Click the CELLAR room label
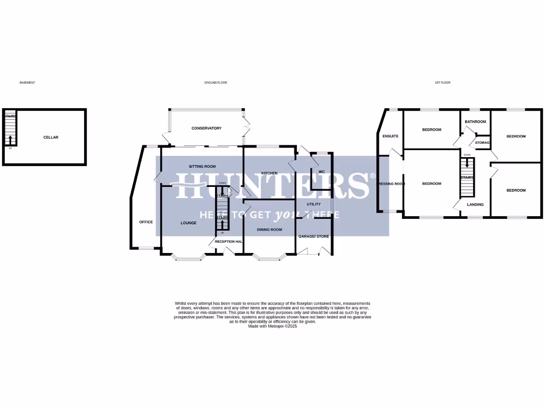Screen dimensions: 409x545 pos(51,137)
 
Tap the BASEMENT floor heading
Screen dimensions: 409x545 pos(27,83)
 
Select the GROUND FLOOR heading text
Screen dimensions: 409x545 pos(216,83)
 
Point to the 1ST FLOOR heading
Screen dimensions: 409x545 pos(442,83)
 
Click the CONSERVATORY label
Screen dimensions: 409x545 pos(207,128)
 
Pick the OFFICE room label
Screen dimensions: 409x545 pos(146,222)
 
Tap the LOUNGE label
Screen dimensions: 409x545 pos(188,223)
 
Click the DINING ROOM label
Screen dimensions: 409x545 pos(269,230)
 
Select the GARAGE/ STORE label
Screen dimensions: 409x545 pos(313,236)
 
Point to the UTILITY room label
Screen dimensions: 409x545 pos(313,204)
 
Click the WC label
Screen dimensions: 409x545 pos(321,172)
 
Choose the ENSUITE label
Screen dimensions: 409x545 pos(390,136)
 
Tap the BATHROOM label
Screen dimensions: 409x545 pos(475,121)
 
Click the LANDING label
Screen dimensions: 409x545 pos(475,204)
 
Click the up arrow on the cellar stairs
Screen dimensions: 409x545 pos(10,140)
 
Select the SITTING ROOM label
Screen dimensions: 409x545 pos(202,167)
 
